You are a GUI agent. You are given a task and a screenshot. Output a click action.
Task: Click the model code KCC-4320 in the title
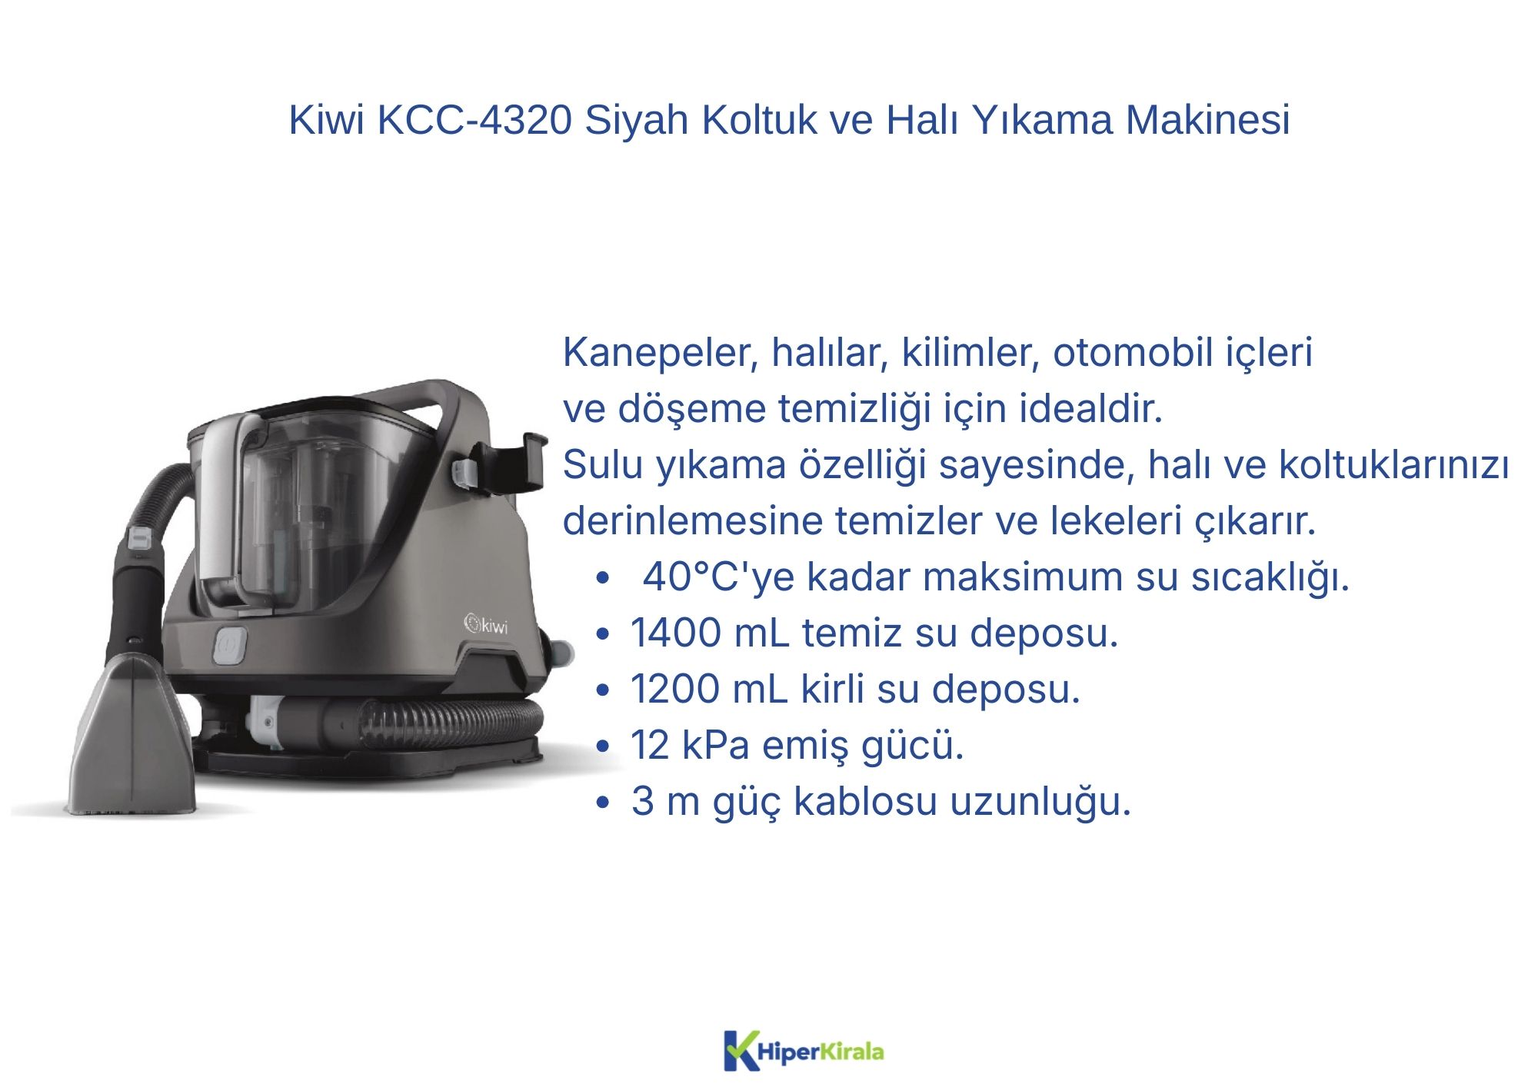click(x=474, y=120)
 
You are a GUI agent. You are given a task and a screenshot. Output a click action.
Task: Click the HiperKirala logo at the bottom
click(x=804, y=1051)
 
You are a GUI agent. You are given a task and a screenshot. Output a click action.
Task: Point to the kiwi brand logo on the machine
click(x=486, y=624)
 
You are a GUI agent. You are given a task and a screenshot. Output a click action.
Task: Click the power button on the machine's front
click(x=229, y=646)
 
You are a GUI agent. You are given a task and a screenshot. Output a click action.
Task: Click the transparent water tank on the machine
click(x=308, y=507)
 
